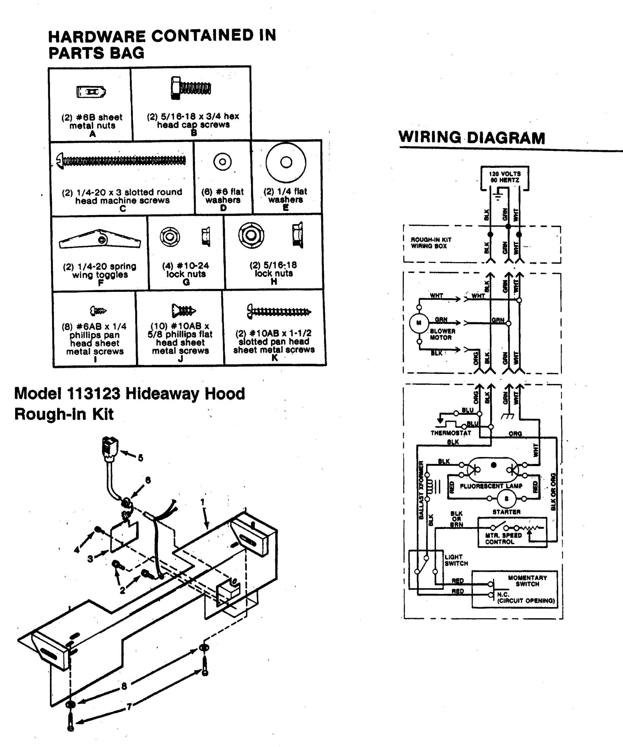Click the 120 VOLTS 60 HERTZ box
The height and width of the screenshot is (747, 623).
pos(504,177)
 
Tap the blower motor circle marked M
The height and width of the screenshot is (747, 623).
pos(419,323)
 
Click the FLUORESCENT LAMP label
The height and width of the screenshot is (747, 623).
pos(491,486)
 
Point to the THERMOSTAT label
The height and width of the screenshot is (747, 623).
pos(450,433)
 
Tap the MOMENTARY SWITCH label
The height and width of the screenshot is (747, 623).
pos(527,581)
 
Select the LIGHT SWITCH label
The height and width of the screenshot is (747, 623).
pos(456,560)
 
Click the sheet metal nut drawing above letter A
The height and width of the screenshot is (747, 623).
pos(91,92)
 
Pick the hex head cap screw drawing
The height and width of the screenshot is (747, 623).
pos(191,88)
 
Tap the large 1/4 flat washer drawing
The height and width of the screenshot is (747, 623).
pos(286,162)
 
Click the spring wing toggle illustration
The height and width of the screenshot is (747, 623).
pos(100,239)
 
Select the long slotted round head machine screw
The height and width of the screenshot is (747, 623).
pos(121,161)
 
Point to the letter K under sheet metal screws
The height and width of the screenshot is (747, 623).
pos(274,358)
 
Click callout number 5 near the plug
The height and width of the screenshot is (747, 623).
pos(140,458)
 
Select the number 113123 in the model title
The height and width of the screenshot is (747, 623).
pos(93,393)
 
